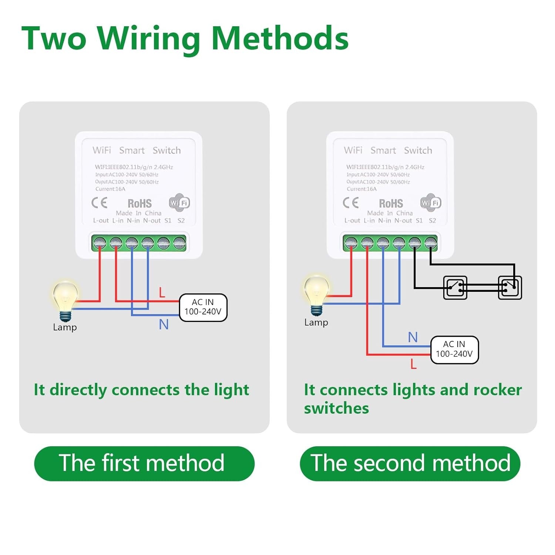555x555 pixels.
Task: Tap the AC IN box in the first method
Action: coord(203,307)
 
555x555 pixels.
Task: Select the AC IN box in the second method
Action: coord(454,350)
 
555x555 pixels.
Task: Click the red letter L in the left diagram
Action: coord(162,293)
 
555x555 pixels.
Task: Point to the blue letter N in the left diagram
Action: coord(164,324)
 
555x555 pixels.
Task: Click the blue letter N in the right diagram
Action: coord(413,337)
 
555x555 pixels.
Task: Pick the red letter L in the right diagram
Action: coord(413,364)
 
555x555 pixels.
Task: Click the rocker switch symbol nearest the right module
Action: coord(455,287)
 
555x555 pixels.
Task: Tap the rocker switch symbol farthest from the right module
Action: coord(509,287)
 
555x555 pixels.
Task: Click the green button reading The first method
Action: coord(144,463)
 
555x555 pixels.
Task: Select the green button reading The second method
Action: coord(410,463)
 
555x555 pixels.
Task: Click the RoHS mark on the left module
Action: coord(139,203)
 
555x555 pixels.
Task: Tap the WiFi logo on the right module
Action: coord(431,202)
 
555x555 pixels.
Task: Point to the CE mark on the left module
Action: coord(99,202)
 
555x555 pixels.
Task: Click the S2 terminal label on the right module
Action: coord(432,221)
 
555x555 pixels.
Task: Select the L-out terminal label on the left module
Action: coord(101,221)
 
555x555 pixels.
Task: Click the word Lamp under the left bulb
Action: coord(65,327)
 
